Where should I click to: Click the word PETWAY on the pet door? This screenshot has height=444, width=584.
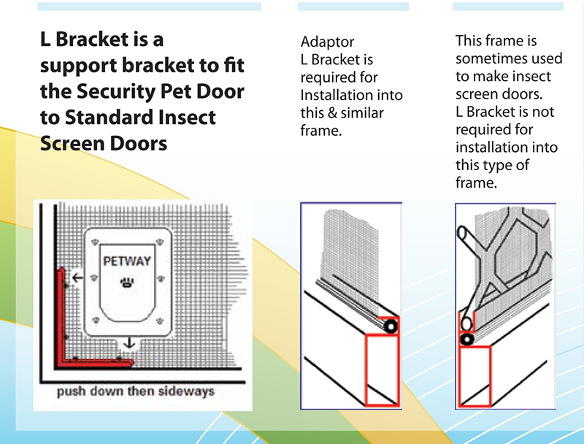[x=127, y=261]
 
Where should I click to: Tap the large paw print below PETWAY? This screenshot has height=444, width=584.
[x=128, y=281]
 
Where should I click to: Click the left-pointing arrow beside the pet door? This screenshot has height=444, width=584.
[x=74, y=277]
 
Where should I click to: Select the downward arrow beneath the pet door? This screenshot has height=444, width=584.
[x=128, y=342]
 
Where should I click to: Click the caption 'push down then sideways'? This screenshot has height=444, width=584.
[x=136, y=391]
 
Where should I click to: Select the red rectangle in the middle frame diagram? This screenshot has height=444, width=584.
[x=382, y=369]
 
